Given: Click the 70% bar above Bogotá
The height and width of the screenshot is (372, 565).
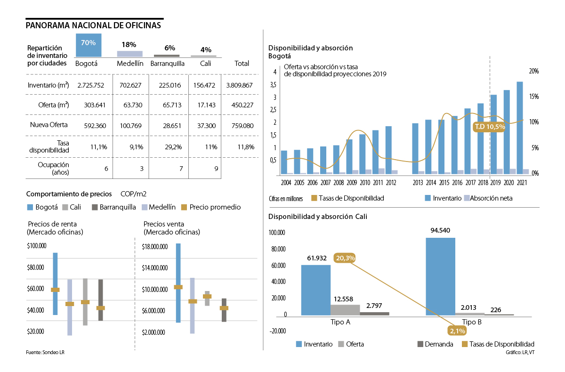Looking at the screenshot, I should tap(89, 45).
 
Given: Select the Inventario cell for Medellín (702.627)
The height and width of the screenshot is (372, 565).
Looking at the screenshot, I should tap(129, 85).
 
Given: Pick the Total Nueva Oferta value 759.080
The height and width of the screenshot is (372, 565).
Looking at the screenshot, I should tap(239, 125).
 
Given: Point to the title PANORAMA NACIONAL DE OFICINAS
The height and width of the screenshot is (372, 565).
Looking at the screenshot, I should tap(93, 25).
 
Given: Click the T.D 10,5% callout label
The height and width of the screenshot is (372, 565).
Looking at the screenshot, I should tap(490, 127).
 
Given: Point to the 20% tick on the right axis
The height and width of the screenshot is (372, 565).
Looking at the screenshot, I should tap(533, 71).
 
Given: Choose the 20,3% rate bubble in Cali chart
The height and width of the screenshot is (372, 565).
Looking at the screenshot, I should tap(345, 258).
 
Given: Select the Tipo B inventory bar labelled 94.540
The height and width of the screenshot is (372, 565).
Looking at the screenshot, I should tap(440, 276).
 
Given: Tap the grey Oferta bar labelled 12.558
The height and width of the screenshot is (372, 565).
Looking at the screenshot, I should tap(345, 310).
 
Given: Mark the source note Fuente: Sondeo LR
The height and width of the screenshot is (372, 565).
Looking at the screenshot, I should tap(45, 352).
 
